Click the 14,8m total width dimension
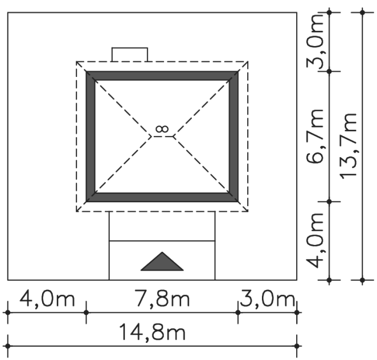pos(152,332)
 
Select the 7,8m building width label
pos(162,298)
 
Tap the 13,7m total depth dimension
pos(348,145)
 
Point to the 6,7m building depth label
pos(315,136)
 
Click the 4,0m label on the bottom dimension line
pos(47,298)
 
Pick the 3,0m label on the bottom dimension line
pos(267,298)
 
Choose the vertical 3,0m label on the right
pos(315,42)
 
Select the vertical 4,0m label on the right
pos(315,240)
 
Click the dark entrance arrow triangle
pos(162,261)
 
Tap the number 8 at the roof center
pos(162,129)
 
